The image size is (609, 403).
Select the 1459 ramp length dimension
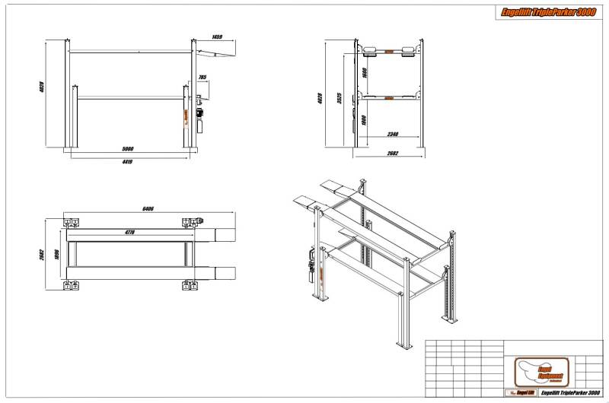(217, 37)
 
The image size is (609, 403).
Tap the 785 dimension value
(202, 78)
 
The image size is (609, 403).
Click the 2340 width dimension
(393, 135)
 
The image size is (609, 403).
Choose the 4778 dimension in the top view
(129, 232)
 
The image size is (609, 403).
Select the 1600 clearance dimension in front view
(365, 73)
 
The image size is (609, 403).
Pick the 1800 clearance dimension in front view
(365, 120)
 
